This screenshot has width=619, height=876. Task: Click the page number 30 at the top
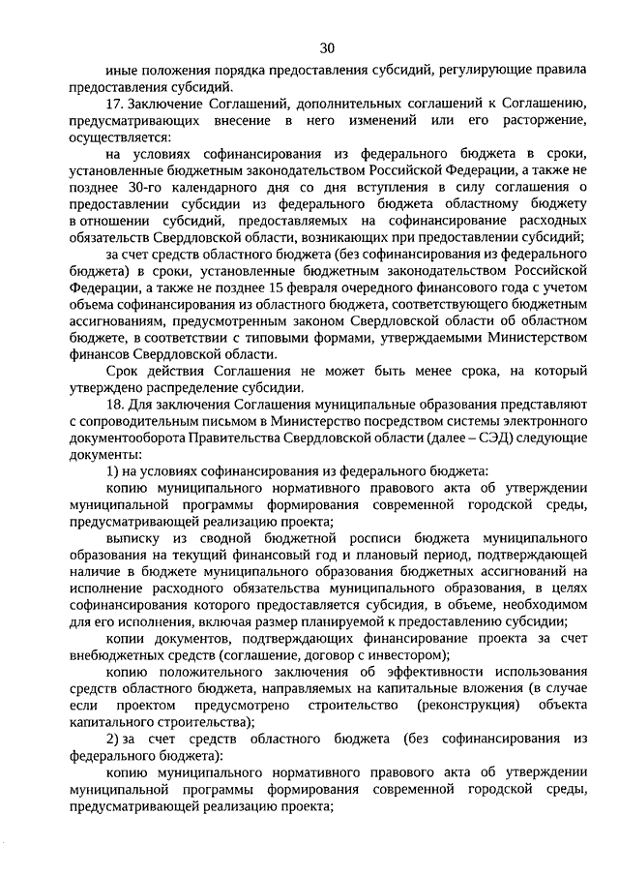(x=326, y=46)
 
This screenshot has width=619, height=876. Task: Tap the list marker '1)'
(x=113, y=469)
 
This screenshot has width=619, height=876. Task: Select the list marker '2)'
(x=113, y=739)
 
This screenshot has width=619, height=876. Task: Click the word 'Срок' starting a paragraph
(x=124, y=370)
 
